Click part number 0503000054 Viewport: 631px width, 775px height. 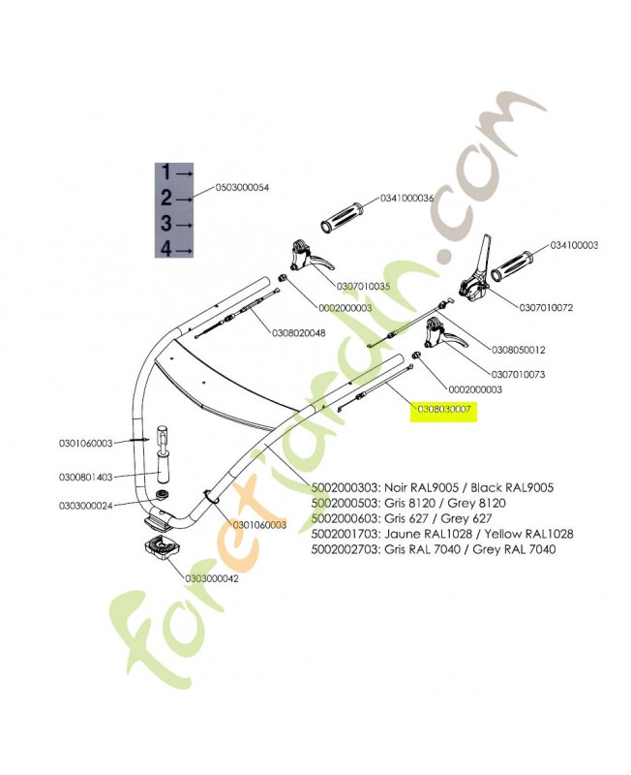tap(242, 188)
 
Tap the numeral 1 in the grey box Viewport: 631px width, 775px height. tap(166, 172)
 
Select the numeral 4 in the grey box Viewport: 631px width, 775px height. tap(166, 249)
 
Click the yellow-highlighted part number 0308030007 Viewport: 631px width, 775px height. tap(444, 409)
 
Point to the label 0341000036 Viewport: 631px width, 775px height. tap(406, 199)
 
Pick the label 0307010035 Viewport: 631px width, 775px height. tap(363, 286)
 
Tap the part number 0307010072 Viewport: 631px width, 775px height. tap(546, 307)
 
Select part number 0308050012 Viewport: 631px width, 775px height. tap(519, 350)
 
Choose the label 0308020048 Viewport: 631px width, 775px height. tap(299, 333)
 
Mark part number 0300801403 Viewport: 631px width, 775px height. tap(86, 477)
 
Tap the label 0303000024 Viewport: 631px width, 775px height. tap(86, 506)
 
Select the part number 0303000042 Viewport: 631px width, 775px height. tap(212, 578)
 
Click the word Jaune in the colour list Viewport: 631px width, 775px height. tap(400, 534)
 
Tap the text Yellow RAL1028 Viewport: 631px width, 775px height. tap(528, 534)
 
